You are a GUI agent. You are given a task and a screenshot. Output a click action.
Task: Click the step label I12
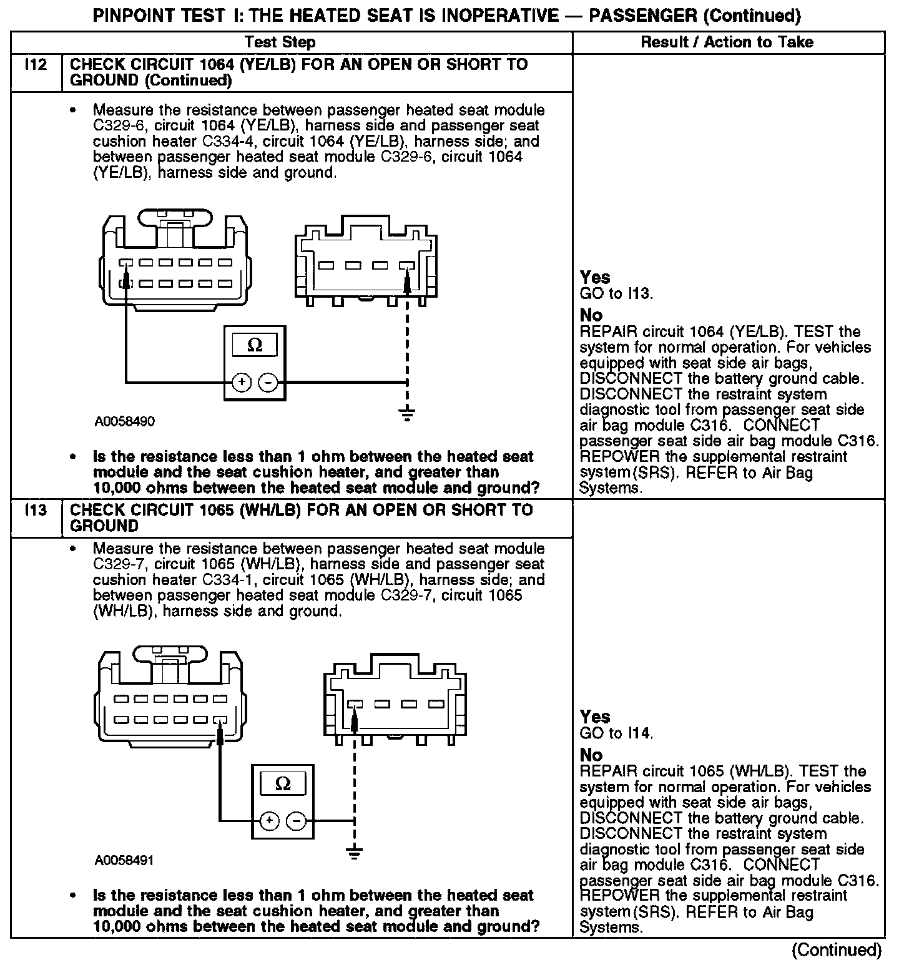[36, 64]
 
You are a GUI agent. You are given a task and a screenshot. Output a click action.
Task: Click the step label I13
[36, 510]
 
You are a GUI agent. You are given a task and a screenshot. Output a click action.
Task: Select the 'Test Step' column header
[280, 42]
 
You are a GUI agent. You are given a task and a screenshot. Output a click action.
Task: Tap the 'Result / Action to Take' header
[727, 42]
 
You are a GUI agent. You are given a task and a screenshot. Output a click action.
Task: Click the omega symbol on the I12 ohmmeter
[255, 345]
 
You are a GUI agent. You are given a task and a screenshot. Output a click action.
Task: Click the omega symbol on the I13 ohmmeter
[282, 784]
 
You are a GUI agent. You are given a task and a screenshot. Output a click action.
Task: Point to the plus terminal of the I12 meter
[241, 382]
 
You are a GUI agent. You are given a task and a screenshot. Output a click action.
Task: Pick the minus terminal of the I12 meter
[267, 382]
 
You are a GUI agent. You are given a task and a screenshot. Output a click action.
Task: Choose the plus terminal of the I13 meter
[268, 820]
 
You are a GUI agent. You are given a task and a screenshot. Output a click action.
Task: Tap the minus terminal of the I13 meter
[295, 820]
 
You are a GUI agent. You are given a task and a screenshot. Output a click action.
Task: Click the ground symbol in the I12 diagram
[407, 413]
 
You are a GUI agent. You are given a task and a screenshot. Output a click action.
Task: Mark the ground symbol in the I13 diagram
[354, 853]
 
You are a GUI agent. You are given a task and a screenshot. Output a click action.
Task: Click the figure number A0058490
[125, 421]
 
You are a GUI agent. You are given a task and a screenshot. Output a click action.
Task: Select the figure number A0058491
[125, 860]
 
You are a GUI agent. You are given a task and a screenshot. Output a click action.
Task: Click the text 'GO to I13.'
[616, 293]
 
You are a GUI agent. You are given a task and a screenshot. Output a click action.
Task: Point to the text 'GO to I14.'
[616, 733]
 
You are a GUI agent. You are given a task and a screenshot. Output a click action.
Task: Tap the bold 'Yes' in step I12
[595, 277]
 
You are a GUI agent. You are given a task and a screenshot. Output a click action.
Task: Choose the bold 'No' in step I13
[591, 755]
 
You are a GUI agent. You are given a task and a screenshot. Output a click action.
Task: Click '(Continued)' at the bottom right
[836, 950]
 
